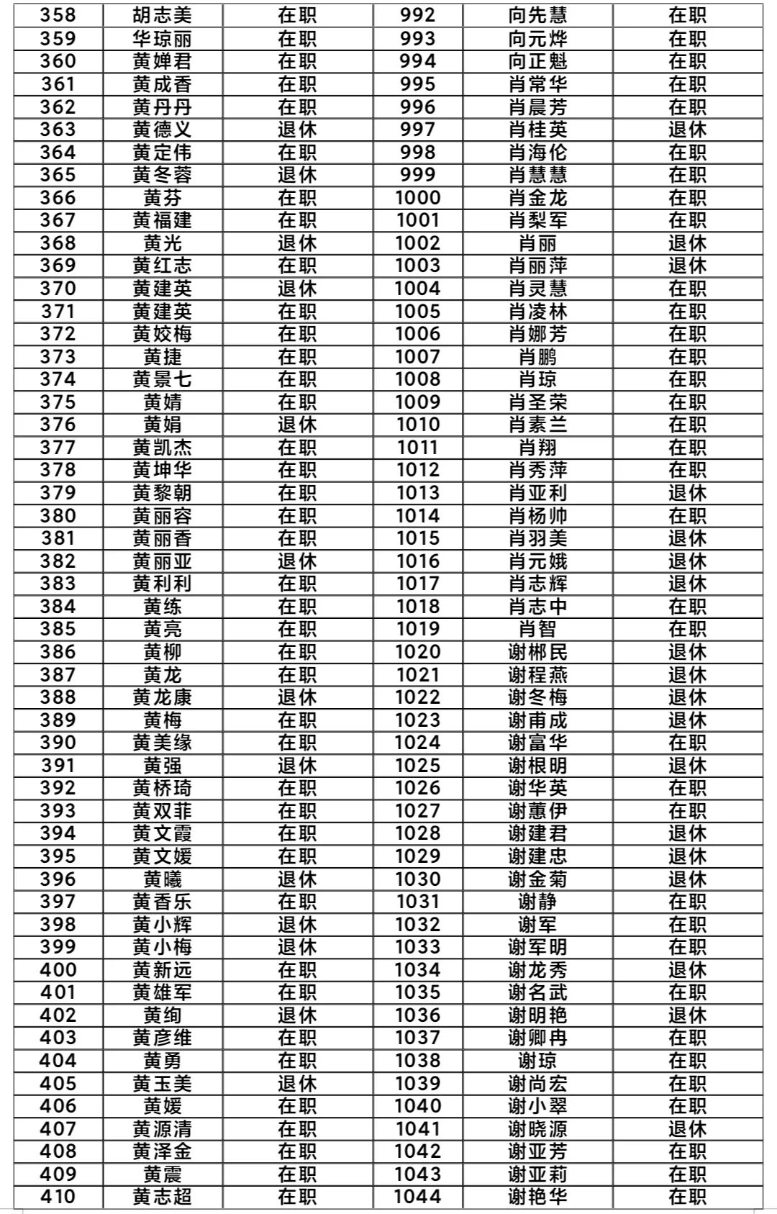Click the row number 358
pos(58,15)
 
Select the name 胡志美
pos(163,15)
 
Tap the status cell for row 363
pos(297,130)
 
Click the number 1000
pos(417,198)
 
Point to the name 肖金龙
pos(537,198)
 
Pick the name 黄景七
pos(163,379)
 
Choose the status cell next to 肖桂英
pos(687,130)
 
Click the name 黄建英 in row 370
pos(163,289)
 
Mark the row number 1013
pos(417,493)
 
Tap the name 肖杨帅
pos(537,516)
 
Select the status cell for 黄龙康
pos(297,697)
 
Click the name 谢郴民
pos(537,652)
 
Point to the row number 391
pos(58,766)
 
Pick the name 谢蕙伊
pos(537,811)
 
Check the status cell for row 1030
pos(687,879)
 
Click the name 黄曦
pos(163,879)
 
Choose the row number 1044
pos(417,1197)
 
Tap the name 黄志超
pos(163,1197)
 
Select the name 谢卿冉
pos(537,1038)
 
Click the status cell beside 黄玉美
pos(297,1084)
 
